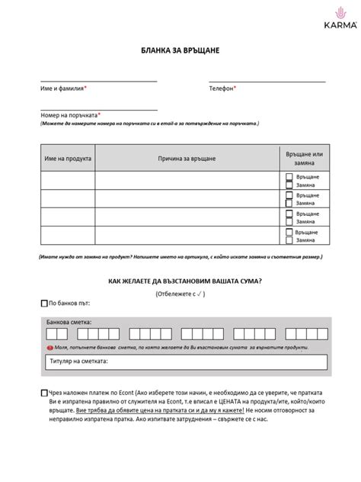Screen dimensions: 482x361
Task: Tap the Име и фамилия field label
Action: [64, 88]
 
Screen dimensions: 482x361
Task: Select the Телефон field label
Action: [222, 88]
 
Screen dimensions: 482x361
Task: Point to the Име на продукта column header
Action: [68, 158]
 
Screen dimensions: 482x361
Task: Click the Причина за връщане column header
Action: [187, 158]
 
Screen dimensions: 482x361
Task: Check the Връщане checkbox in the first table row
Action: [289, 177]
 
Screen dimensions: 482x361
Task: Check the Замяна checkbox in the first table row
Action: [289, 185]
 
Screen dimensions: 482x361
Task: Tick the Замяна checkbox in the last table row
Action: [289, 239]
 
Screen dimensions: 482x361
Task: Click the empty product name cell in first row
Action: [68, 181]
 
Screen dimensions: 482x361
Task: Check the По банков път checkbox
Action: [43, 304]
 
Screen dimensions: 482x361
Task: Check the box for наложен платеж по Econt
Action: [43, 394]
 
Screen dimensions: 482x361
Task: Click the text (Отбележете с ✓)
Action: [180, 293]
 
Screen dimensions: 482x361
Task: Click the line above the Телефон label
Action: [267, 81]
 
